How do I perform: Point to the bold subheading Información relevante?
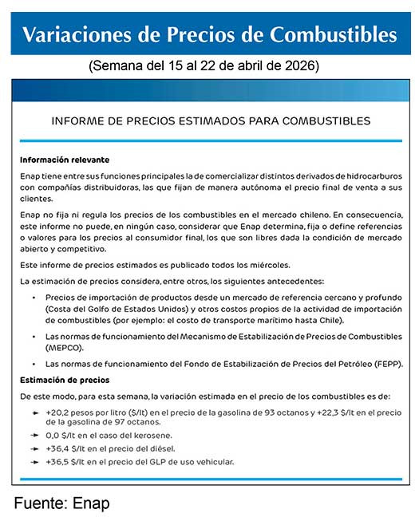tap(65, 160)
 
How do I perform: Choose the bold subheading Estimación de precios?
tap(65, 379)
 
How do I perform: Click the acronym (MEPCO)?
tap(65, 349)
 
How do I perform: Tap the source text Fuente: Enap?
tap(61, 503)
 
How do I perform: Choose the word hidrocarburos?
tap(363, 175)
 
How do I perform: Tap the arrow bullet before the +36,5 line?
tap(34, 461)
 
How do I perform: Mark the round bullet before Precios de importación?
tap(34, 297)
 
